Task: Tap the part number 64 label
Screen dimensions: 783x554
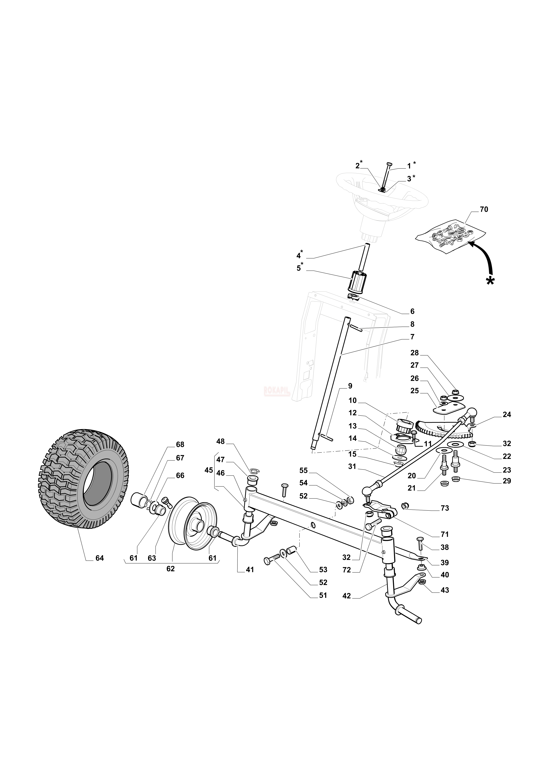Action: (100, 558)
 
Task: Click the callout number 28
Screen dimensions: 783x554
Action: (414, 353)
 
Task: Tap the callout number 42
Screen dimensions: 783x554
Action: (347, 596)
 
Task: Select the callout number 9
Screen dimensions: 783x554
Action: (350, 386)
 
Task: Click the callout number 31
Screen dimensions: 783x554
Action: (352, 466)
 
